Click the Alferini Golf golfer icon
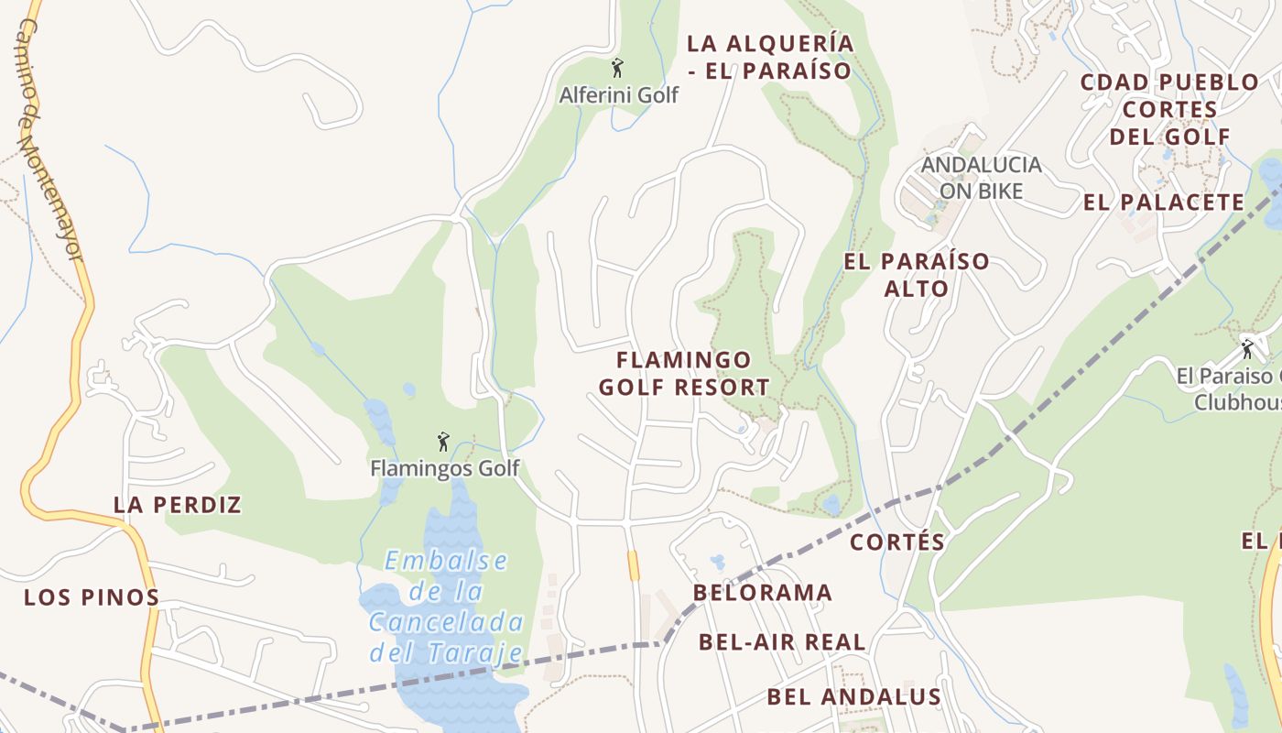pos(617,68)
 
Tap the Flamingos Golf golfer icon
pos(444,442)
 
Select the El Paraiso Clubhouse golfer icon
pos(1246,349)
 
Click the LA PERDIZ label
pos(178,505)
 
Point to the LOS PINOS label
pos(92,598)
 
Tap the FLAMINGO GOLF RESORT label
pos(684,374)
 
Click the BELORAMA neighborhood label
pos(763,593)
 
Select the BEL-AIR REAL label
pos(782,642)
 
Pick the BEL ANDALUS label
pos(854,697)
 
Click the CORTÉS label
pos(897,542)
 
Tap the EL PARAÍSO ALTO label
pos(917,275)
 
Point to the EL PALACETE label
pos(1164,202)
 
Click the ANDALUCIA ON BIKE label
pos(981,178)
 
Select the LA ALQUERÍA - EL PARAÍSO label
pos(770,57)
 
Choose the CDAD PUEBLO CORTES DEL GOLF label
pos(1169,110)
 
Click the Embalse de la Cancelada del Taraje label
pos(447,607)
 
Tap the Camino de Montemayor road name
pos(50,137)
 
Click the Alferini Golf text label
pos(619,95)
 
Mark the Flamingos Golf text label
pos(444,469)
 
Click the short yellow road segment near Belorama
pos(633,564)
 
